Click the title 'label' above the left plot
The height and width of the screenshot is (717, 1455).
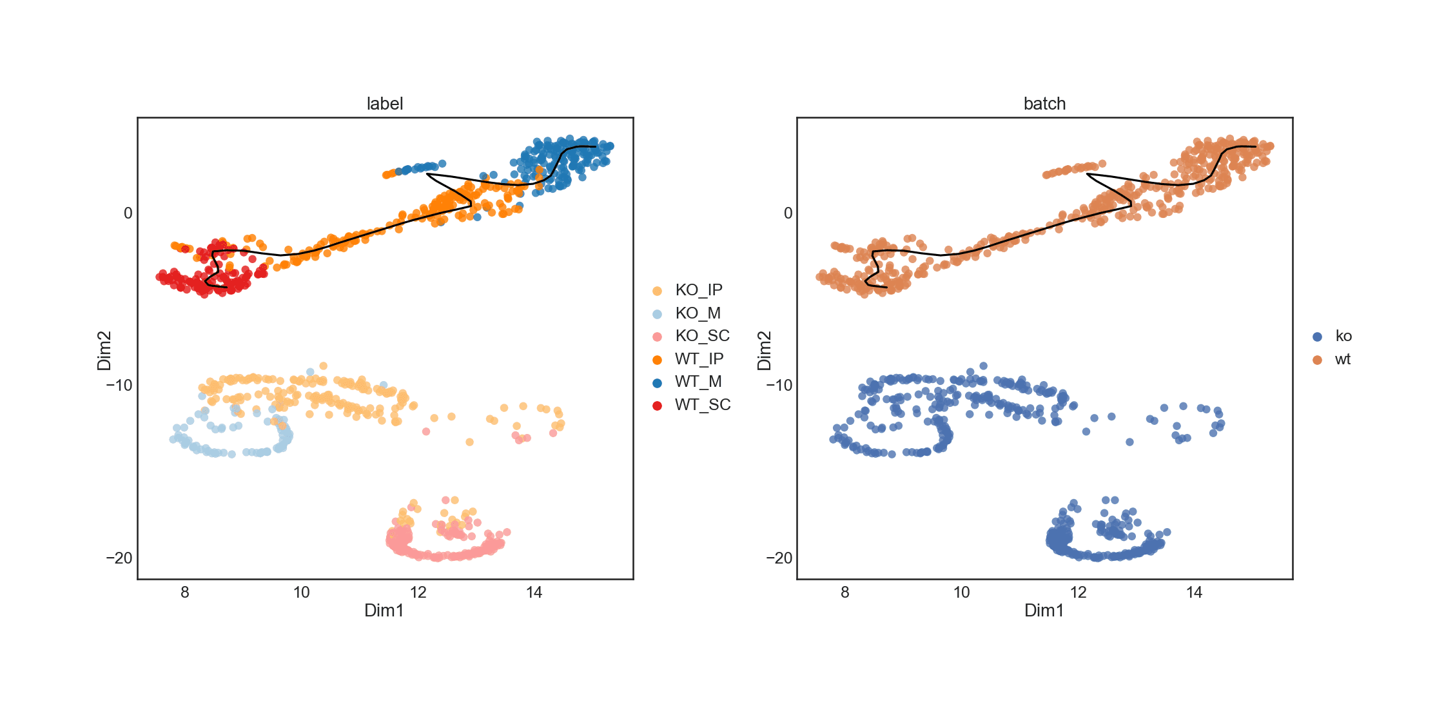tap(384, 104)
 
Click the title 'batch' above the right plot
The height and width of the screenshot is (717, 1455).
tap(1044, 104)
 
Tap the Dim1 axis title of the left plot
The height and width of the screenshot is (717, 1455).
tap(384, 611)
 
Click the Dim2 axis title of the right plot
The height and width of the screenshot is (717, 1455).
tap(765, 350)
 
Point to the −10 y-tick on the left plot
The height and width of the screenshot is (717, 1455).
tap(119, 386)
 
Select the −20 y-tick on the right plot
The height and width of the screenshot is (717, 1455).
tap(779, 558)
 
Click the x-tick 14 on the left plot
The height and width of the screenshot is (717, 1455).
tap(534, 593)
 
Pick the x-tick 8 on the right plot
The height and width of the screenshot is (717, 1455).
tap(845, 593)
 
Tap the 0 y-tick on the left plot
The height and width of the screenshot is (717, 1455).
tap(128, 213)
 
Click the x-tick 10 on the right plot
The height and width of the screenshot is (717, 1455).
tap(961, 593)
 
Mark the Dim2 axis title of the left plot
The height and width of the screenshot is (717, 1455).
tap(104, 350)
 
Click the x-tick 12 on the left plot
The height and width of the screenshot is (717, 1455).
tap(418, 593)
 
